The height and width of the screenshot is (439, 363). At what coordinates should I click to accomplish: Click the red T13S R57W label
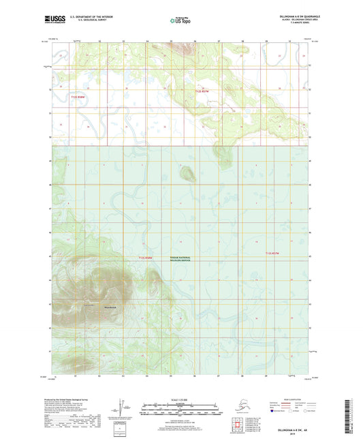click(x=271, y=254)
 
